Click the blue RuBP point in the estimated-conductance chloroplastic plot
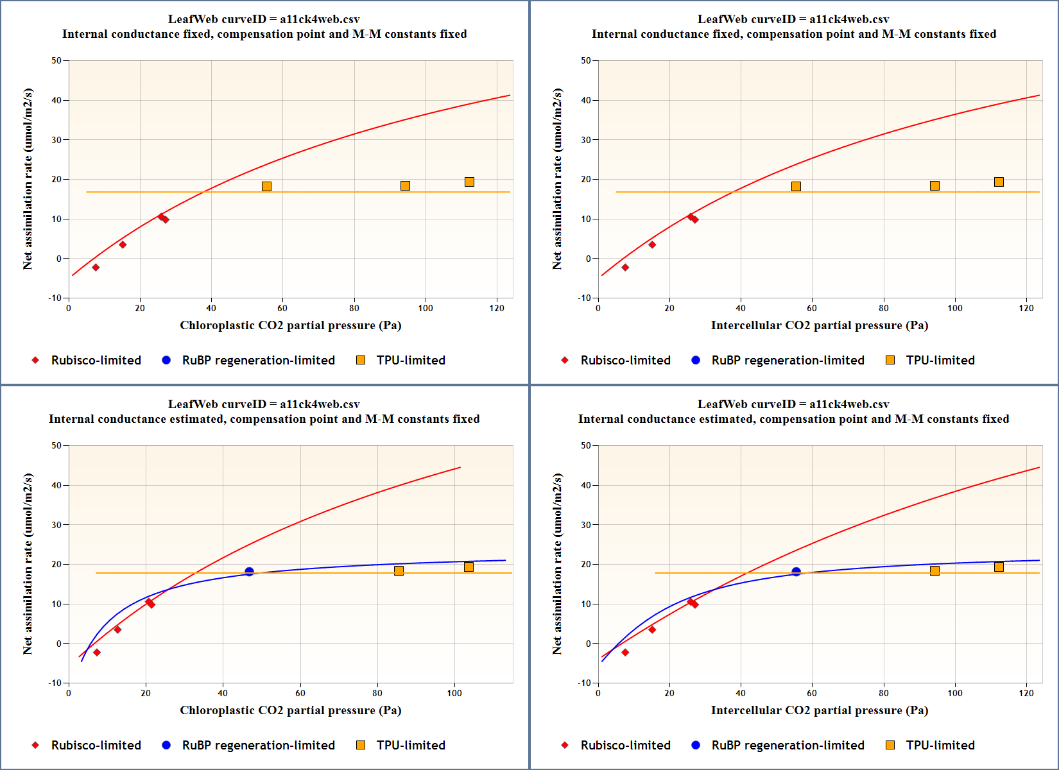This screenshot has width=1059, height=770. (x=249, y=572)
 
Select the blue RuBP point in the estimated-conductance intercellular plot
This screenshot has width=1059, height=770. (x=796, y=572)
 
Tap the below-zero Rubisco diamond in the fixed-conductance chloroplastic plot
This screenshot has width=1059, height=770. (x=96, y=268)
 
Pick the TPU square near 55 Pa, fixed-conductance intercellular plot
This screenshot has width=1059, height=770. (x=796, y=187)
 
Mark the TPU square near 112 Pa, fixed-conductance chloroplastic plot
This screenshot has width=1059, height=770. (x=469, y=182)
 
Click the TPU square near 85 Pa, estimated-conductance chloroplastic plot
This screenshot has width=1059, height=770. (x=399, y=570)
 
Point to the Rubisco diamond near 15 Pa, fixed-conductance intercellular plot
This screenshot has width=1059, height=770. (x=652, y=244)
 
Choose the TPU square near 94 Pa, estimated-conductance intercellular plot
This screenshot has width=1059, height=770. (x=934, y=570)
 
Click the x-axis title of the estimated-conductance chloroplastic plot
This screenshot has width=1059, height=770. (x=290, y=710)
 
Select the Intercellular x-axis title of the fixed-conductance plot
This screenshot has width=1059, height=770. (x=819, y=325)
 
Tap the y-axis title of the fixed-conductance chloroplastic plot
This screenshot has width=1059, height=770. (x=28, y=179)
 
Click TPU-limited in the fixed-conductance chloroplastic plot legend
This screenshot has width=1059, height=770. (x=411, y=360)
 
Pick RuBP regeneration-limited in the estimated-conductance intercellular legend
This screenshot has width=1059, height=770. (x=788, y=745)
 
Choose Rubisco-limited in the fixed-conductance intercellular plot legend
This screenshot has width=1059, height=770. (x=625, y=360)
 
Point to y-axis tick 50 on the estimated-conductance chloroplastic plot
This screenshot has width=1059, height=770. (x=56, y=445)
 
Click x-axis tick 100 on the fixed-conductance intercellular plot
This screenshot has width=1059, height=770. (x=955, y=308)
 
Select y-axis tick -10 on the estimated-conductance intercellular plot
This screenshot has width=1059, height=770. (x=584, y=683)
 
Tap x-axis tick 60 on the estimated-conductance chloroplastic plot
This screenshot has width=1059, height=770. (x=300, y=693)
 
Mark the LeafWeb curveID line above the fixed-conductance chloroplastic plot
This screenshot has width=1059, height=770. (x=264, y=19)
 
